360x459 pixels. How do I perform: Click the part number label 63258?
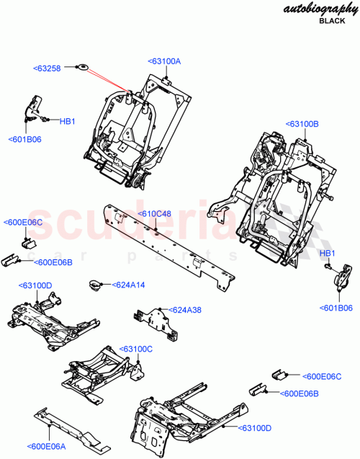(48, 68)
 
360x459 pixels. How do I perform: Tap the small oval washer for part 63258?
(82, 68)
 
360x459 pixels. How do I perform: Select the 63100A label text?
(164, 61)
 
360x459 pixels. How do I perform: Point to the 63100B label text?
(302, 124)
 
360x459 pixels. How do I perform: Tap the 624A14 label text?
(128, 285)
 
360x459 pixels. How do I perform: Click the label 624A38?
(186, 310)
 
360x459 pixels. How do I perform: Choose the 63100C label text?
(136, 348)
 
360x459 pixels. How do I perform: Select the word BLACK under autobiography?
(332, 22)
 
